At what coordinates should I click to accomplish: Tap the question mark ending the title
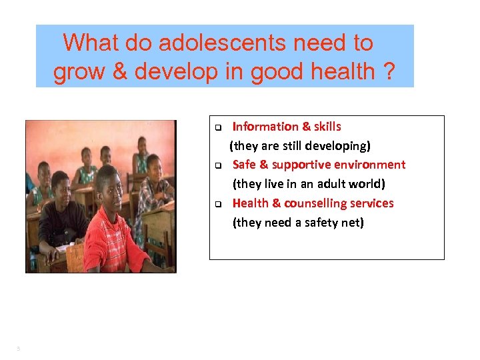pos(389,71)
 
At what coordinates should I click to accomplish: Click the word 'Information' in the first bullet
pos(265,127)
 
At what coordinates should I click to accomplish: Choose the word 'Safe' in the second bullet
pos(244,165)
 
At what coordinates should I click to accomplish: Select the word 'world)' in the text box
pos(368,183)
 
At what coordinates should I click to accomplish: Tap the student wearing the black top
pos(63,220)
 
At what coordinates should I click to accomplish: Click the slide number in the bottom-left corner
pos(18,347)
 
